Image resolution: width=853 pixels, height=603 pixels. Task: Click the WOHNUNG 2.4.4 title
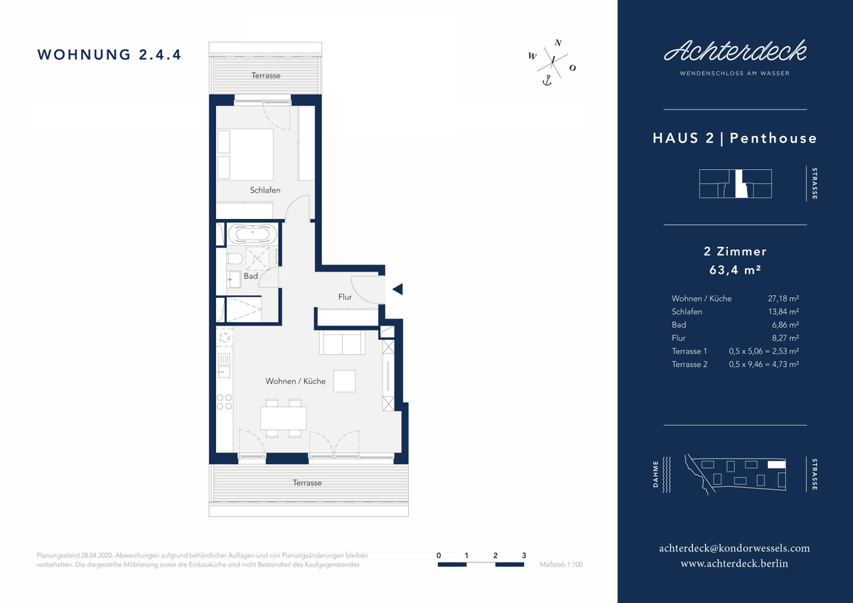pyautogui.click(x=109, y=55)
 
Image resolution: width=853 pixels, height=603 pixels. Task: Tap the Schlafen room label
pyautogui.click(x=265, y=190)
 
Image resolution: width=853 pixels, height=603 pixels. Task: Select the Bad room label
pyautogui.click(x=250, y=276)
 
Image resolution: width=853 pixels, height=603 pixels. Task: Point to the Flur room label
pyautogui.click(x=345, y=297)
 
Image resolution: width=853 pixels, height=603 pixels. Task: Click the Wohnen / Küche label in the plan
pyautogui.click(x=296, y=381)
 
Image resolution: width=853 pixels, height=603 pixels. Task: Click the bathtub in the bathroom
pyautogui.click(x=252, y=234)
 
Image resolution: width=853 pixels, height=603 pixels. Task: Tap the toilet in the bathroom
pyautogui.click(x=235, y=259)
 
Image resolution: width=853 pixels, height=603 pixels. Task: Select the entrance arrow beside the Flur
pyautogui.click(x=397, y=289)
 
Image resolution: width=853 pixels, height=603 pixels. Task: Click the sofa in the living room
pyautogui.click(x=342, y=343)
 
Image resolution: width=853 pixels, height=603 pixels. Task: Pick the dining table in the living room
pyautogui.click(x=284, y=418)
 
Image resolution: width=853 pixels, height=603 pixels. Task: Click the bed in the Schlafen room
pyautogui.click(x=245, y=154)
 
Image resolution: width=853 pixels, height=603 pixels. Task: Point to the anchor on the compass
pyautogui.click(x=547, y=80)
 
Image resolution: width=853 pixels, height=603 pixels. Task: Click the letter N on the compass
pyautogui.click(x=558, y=43)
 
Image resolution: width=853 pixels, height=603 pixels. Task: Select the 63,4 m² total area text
pyautogui.click(x=735, y=270)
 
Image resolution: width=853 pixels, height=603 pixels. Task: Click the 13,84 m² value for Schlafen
pyautogui.click(x=783, y=311)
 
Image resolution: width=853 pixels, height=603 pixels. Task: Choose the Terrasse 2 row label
pyautogui.click(x=690, y=364)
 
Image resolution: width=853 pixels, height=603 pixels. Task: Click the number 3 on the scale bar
pyautogui.click(x=524, y=555)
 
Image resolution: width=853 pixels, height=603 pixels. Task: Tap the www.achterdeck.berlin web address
pyautogui.click(x=734, y=563)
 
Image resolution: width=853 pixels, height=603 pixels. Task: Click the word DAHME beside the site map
pyautogui.click(x=655, y=474)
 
